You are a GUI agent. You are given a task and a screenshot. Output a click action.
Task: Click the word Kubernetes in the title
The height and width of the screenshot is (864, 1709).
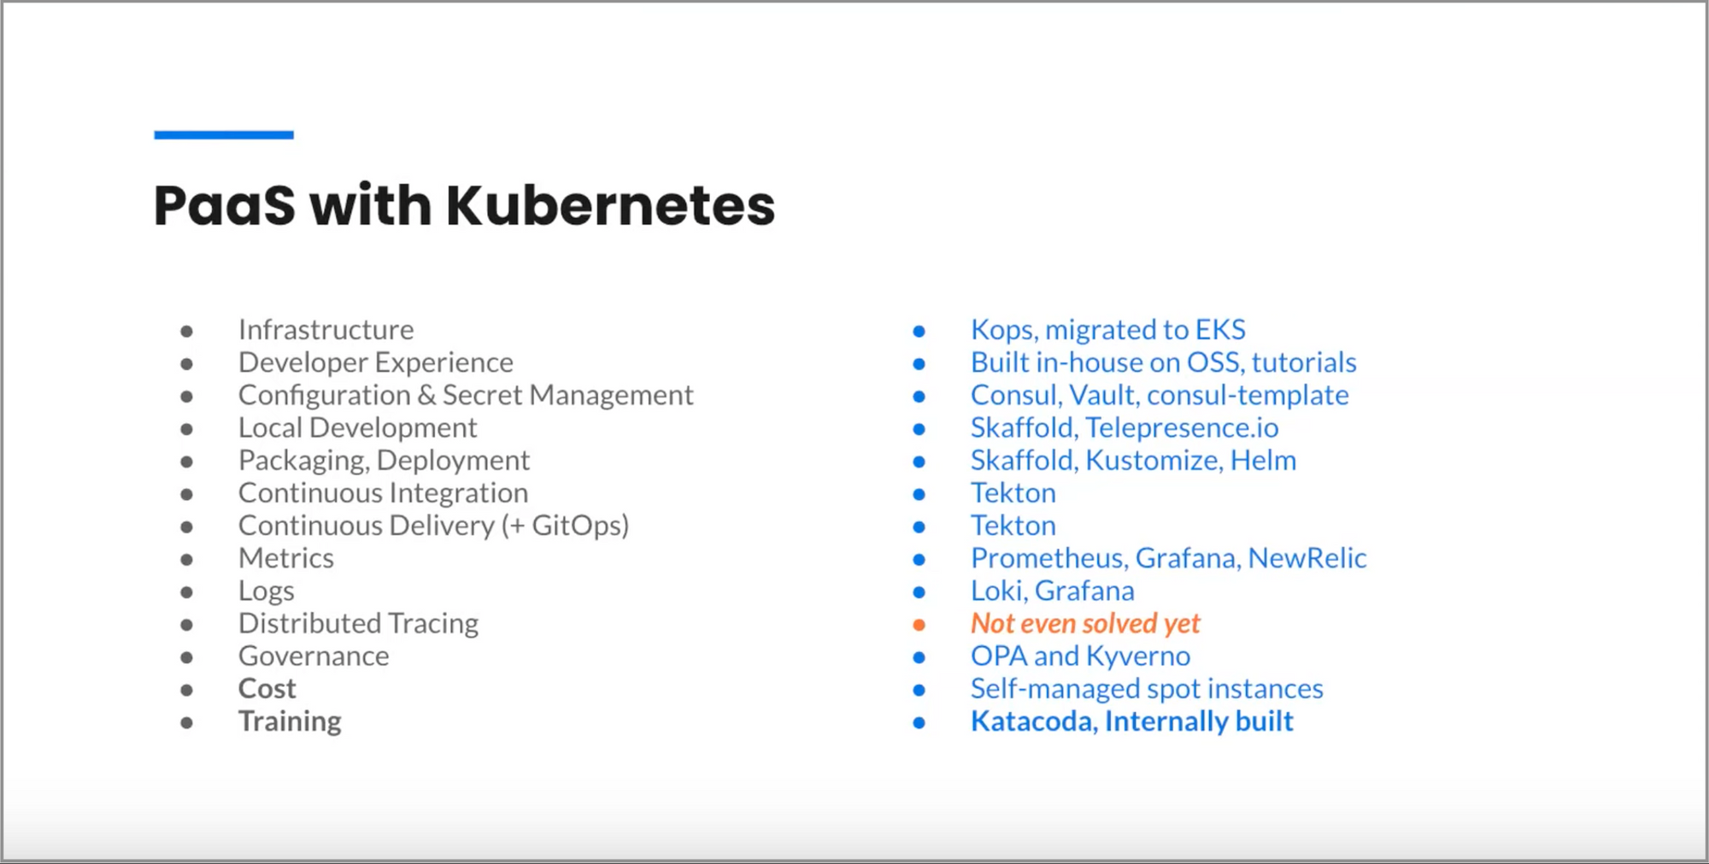(x=610, y=205)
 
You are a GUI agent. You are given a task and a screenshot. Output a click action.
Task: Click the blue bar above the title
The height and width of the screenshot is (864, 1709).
(x=224, y=135)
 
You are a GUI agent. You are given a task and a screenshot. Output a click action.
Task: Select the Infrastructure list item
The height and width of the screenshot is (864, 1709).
(x=326, y=330)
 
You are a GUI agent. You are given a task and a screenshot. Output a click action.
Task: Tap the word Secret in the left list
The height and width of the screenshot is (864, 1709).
(x=483, y=395)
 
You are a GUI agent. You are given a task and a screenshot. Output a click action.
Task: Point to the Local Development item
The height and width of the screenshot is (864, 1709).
(x=357, y=427)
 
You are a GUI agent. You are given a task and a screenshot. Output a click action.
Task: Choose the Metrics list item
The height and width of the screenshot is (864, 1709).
(x=285, y=558)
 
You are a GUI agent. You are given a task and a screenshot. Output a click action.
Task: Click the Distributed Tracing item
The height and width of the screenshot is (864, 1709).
(x=358, y=624)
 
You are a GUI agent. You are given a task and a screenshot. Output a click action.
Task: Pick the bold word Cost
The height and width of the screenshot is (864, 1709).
(x=267, y=689)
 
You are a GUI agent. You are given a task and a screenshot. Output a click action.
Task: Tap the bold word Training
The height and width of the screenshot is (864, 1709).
(x=290, y=721)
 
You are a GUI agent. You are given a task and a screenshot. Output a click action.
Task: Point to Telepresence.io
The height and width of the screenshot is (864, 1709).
(x=1183, y=427)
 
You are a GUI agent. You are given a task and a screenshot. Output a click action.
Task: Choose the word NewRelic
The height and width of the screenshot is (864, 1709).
(x=1307, y=558)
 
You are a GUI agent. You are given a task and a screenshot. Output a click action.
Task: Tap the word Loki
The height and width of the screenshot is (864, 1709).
(x=997, y=591)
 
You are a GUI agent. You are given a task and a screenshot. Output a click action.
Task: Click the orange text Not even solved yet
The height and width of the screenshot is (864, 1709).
(x=1085, y=624)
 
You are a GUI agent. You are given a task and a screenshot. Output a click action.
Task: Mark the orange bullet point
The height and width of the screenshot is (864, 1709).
(x=919, y=625)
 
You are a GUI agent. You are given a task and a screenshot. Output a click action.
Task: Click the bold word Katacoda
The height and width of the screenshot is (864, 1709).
(x=1034, y=722)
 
